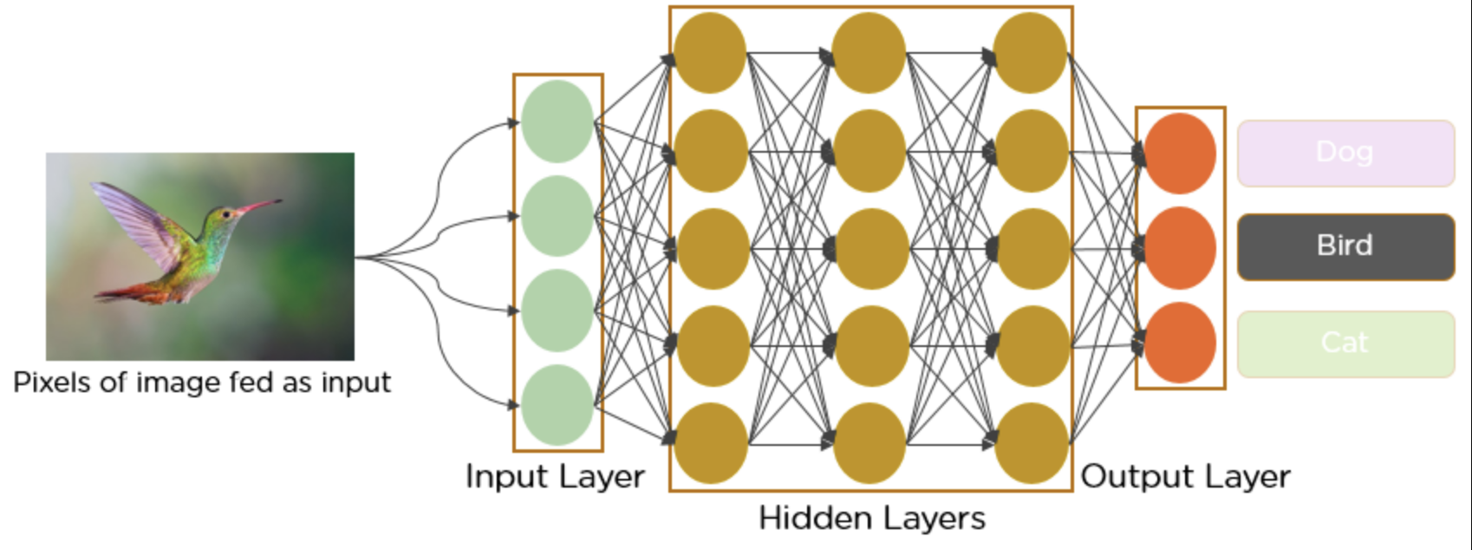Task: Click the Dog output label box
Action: coord(1345,154)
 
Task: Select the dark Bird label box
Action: coord(1345,246)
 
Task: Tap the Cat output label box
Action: coord(1345,344)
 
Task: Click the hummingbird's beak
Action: coord(260,206)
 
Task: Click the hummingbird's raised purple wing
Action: coord(134,217)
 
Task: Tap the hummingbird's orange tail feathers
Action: coord(130,295)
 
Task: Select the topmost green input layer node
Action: coord(557,121)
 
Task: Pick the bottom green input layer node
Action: coord(557,404)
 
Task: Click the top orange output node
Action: coord(1180,154)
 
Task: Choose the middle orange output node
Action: coord(1180,248)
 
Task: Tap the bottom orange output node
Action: coord(1180,343)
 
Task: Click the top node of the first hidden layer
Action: coord(710,53)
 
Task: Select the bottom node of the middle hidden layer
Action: coord(870,442)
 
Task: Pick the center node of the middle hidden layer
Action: coord(870,248)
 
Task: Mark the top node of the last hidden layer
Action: coord(1030,53)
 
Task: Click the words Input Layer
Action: coord(555,476)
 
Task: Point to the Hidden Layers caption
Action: coord(871,518)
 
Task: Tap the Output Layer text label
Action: coord(1185,476)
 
